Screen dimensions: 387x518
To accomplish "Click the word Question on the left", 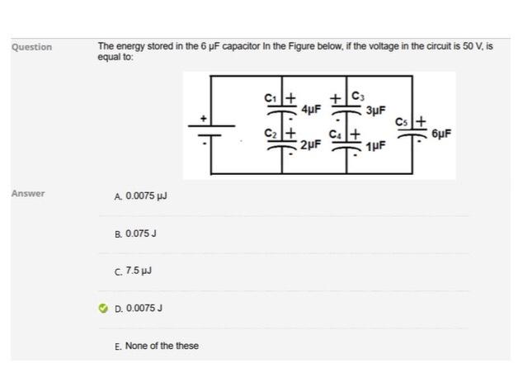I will pyautogui.click(x=31, y=47).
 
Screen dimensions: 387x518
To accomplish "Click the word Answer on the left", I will pyautogui.click(x=28, y=194).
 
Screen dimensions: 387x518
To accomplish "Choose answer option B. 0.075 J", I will pyautogui.click(x=136, y=234).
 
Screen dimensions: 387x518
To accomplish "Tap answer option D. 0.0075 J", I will pyautogui.click(x=139, y=308).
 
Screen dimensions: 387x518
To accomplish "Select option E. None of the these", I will pyautogui.click(x=157, y=346).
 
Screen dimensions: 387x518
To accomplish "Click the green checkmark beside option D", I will pyautogui.click(x=103, y=308).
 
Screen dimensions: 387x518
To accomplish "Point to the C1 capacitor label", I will pyautogui.click(x=270, y=97).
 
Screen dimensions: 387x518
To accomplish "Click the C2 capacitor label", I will pyautogui.click(x=270, y=133).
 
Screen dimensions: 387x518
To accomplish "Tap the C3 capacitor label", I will pyautogui.click(x=357, y=96).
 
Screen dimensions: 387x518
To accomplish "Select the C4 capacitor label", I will pyautogui.click(x=336, y=132).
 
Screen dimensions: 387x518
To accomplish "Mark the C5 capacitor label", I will pyautogui.click(x=402, y=122).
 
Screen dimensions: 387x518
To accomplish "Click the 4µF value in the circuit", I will pyautogui.click(x=311, y=109).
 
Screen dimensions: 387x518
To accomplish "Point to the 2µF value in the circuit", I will pyautogui.click(x=310, y=145).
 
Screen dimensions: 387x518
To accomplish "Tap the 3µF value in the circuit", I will pyautogui.click(x=375, y=109).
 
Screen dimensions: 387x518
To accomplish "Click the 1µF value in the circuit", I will pyautogui.click(x=374, y=146).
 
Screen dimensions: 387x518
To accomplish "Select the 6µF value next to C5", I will pyautogui.click(x=441, y=133).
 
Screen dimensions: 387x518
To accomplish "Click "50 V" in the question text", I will pyautogui.click(x=473, y=46).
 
